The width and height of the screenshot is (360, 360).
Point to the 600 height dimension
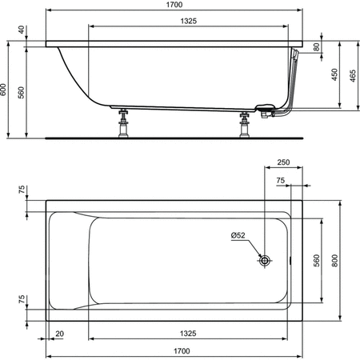(7, 90)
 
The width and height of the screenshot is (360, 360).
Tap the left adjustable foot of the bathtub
(124, 125)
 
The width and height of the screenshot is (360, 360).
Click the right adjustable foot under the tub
(244, 125)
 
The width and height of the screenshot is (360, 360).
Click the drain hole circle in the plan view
(265, 260)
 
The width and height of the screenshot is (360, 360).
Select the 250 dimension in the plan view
(283, 163)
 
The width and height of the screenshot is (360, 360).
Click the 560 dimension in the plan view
(317, 260)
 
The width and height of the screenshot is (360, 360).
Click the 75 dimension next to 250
(281, 181)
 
